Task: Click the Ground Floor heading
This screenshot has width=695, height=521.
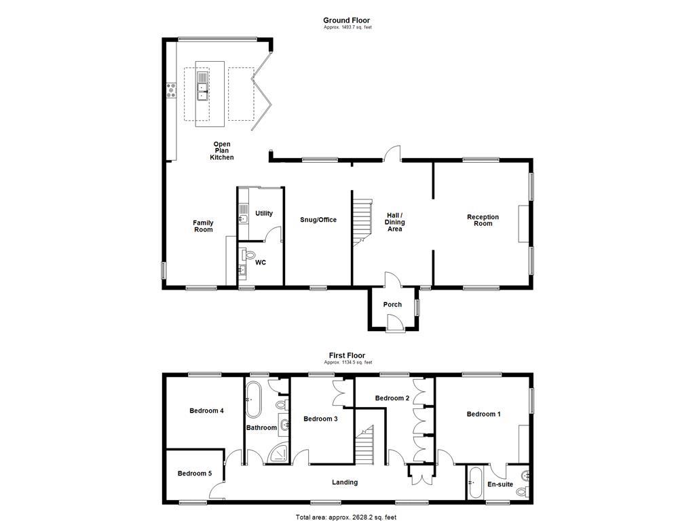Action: [x=346, y=20]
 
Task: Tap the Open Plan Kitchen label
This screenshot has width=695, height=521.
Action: [x=222, y=151]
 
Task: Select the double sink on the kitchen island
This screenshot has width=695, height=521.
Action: [x=202, y=86]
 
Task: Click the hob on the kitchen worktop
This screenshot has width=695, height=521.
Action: [x=171, y=90]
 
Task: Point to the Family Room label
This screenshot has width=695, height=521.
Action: [x=203, y=226]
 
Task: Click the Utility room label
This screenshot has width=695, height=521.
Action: [x=264, y=213]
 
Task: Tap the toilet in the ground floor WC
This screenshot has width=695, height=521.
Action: [x=249, y=255]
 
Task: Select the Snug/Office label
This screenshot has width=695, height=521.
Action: [x=318, y=220]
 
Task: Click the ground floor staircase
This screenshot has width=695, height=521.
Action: [x=362, y=220]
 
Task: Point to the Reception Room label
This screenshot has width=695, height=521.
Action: [x=483, y=220]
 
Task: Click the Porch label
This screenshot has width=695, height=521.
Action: [x=392, y=305]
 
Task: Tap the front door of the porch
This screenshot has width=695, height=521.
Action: [x=394, y=322]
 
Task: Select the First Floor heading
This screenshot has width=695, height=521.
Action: [x=347, y=355]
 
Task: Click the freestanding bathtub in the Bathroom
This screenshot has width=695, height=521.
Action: [x=253, y=400]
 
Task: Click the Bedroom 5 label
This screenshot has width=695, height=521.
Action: [x=195, y=473]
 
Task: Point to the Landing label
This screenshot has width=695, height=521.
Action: [x=345, y=482]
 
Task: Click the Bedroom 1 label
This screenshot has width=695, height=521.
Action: [x=483, y=414]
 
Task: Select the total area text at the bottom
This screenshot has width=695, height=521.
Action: [x=346, y=517]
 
